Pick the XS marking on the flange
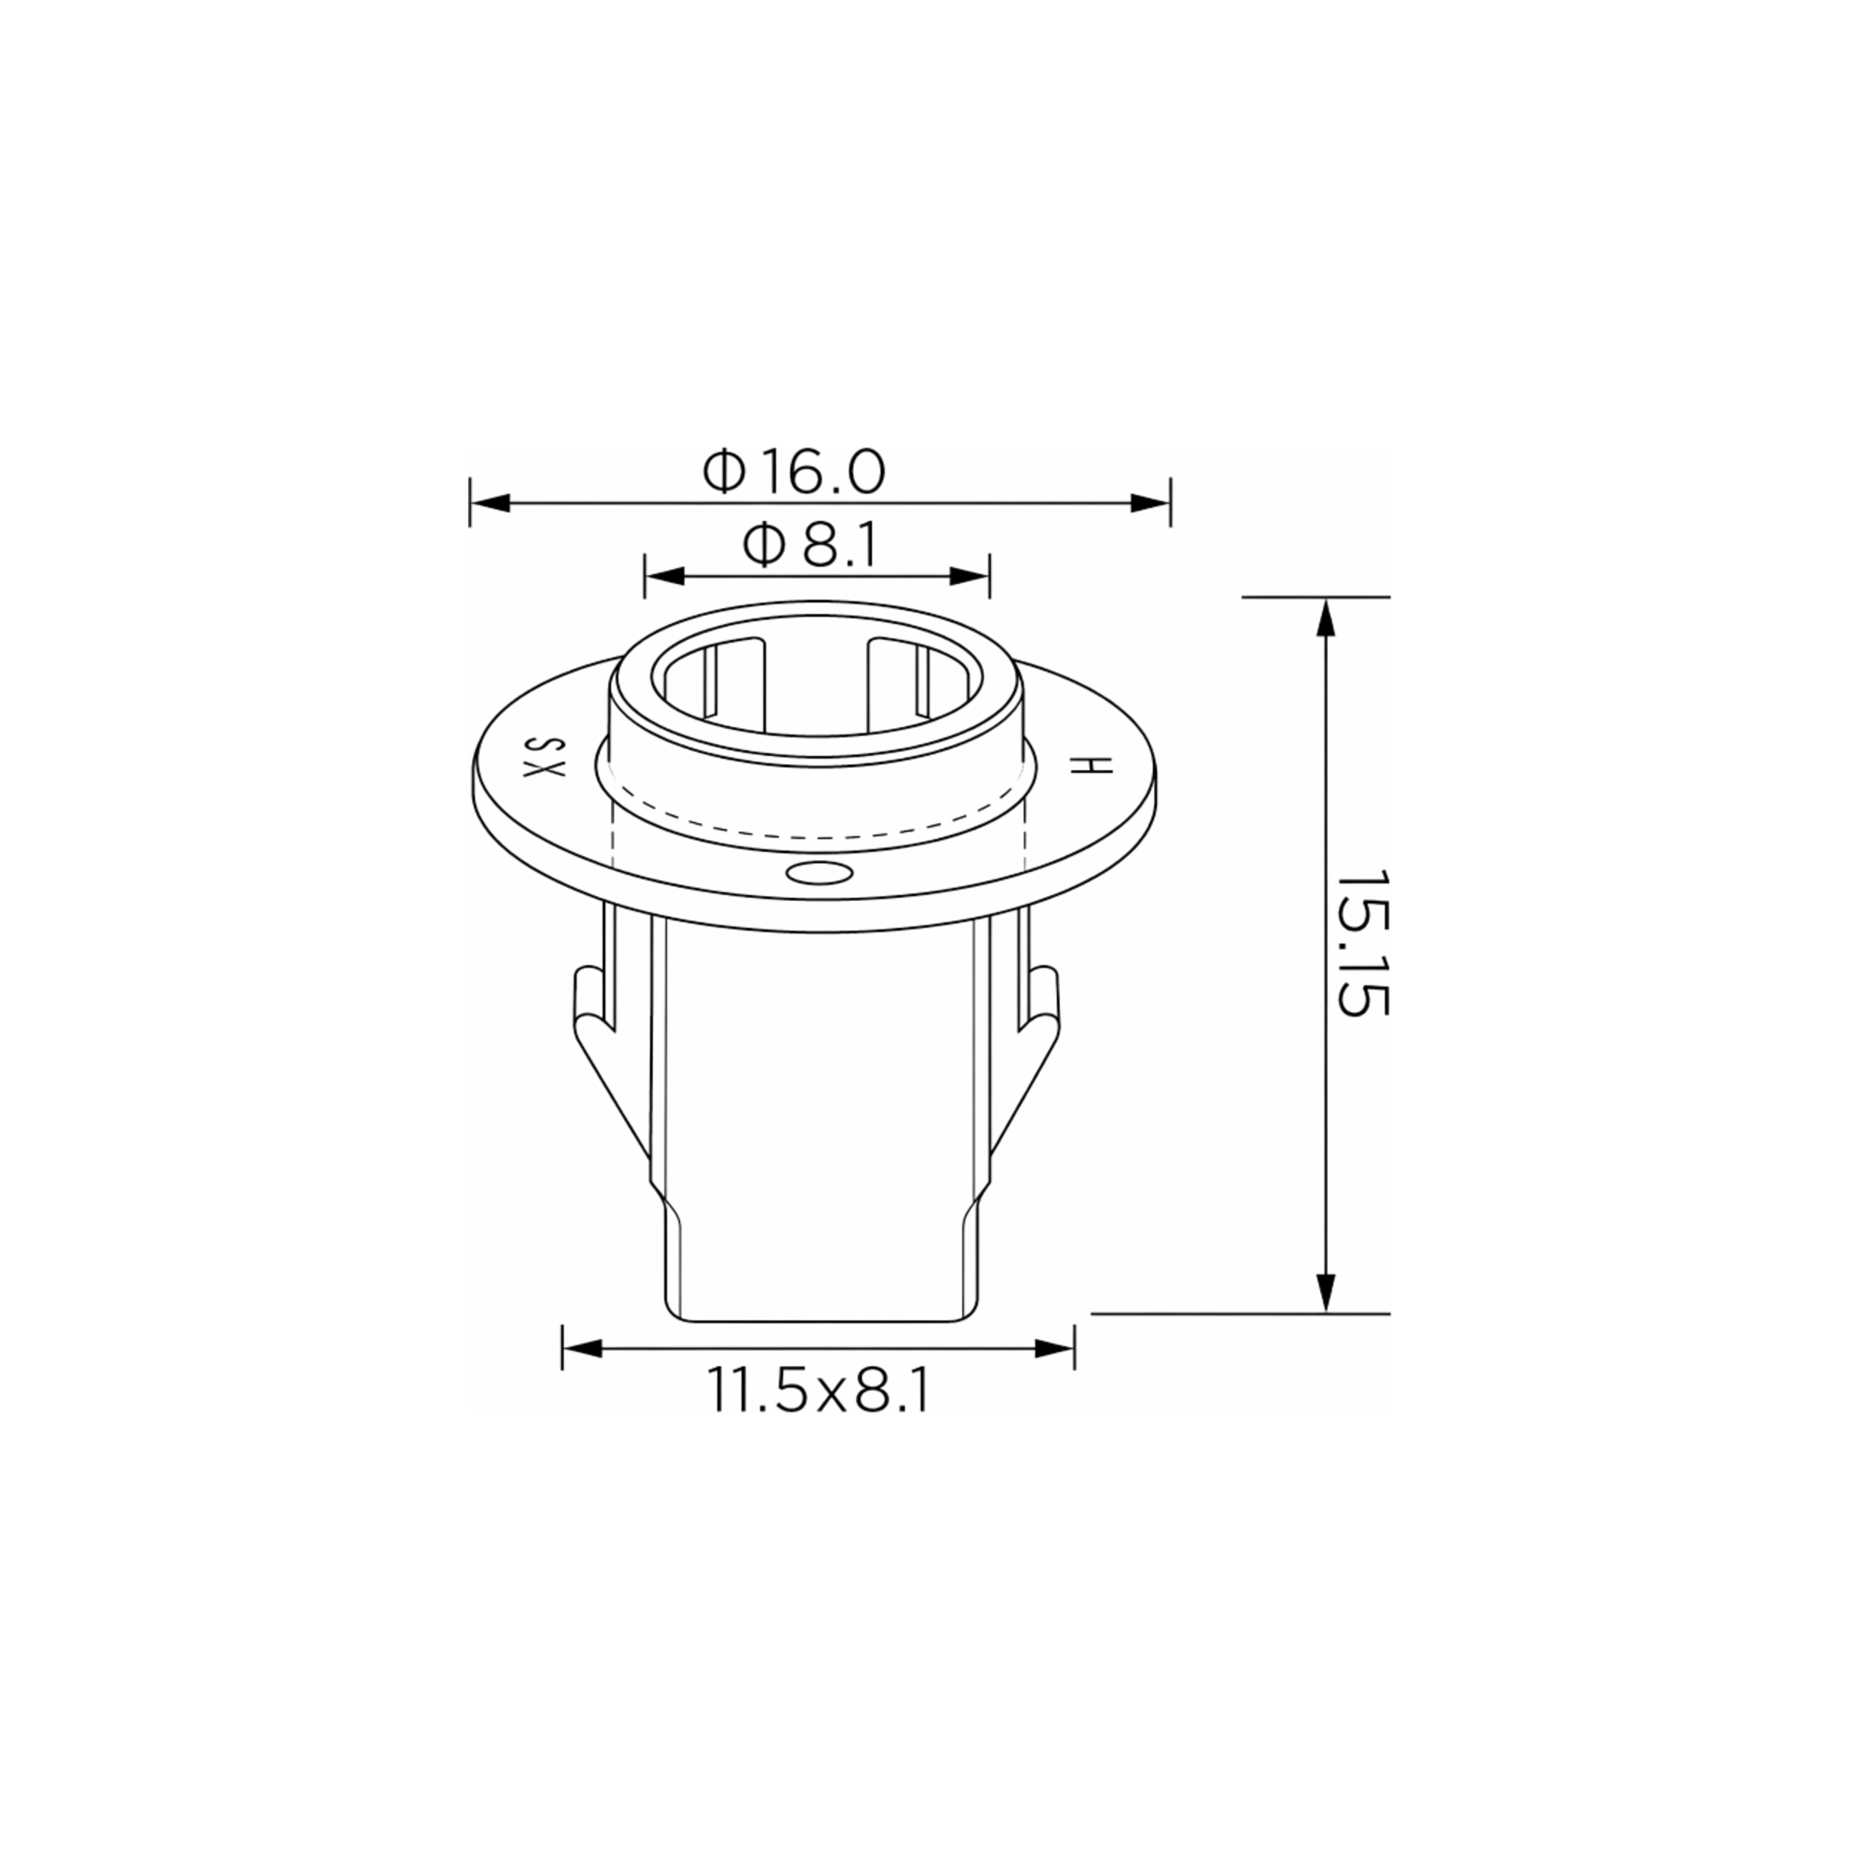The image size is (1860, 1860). point(543,757)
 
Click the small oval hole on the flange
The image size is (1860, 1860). point(818,873)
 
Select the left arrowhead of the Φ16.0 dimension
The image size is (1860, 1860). point(489,502)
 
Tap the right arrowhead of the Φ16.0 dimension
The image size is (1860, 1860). point(1150,502)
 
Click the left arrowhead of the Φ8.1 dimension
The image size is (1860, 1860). point(664,577)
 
